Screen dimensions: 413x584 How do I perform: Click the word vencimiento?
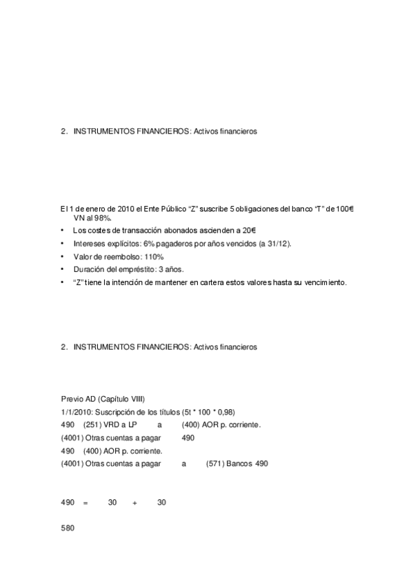(323, 282)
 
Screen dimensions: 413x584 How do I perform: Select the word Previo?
(71, 399)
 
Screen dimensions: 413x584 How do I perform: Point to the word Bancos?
(242, 464)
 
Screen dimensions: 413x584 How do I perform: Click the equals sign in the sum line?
(85, 503)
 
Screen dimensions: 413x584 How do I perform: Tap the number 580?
(67, 529)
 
